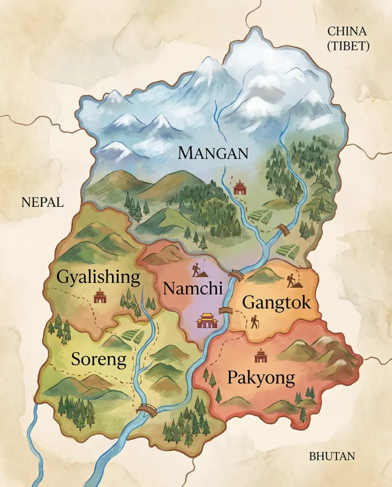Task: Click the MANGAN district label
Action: (213, 153)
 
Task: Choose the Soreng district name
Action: (99, 360)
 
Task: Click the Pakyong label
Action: (261, 378)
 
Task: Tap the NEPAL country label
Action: (42, 203)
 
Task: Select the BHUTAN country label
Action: (332, 457)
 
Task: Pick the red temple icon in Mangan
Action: (240, 187)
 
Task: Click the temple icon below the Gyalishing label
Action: (100, 296)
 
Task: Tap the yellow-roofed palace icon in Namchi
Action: (207, 321)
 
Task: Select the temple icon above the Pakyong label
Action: (260, 355)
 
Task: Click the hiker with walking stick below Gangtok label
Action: (255, 322)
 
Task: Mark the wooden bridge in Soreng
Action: (146, 410)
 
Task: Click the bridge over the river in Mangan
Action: (284, 229)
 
